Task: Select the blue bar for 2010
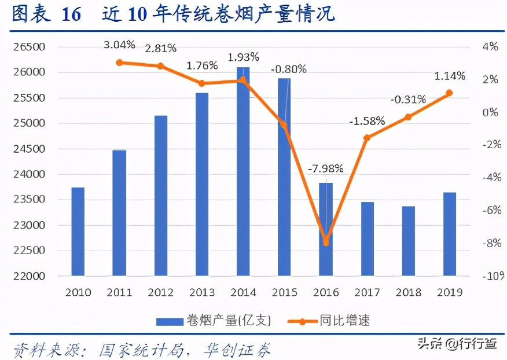coord(78,232)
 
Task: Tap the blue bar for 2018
coord(409,241)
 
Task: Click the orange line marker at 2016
coord(326,242)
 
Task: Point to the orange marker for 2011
coord(119,63)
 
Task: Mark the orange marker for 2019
coord(449,93)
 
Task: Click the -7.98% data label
coord(325,169)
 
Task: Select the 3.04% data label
coord(119,45)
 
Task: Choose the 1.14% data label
coord(449,76)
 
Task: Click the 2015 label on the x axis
coord(284,292)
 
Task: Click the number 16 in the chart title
coord(71,14)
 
